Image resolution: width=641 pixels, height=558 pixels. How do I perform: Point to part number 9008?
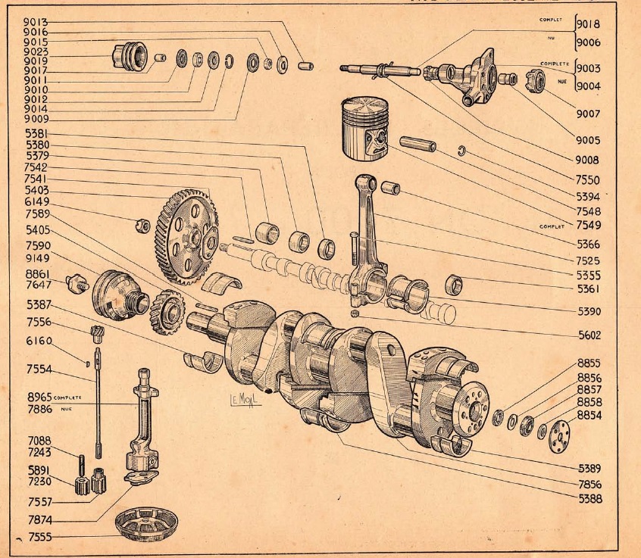click(586, 161)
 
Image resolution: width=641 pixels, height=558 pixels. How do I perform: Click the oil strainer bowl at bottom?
click(145, 522)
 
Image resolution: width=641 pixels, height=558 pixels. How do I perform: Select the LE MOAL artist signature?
click(245, 399)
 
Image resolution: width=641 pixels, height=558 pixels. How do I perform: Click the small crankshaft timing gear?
click(167, 309)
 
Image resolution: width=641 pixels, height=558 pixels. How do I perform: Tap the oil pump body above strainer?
click(142, 424)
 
